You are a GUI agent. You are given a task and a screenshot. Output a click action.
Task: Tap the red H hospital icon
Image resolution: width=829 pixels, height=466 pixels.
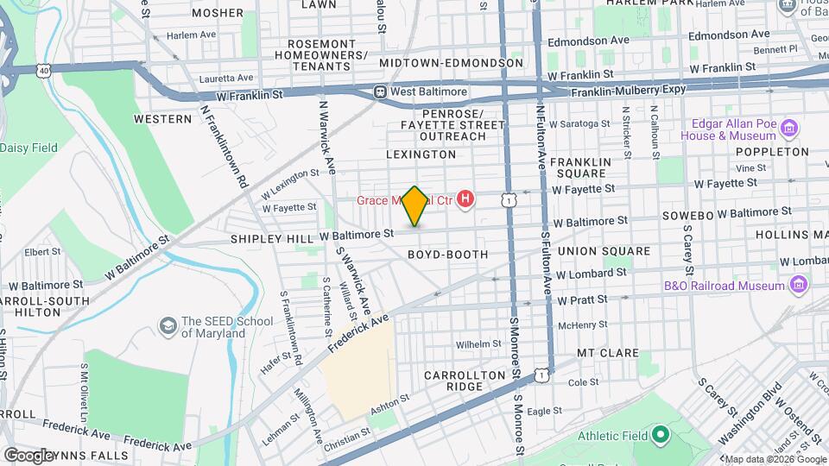coord(466,200)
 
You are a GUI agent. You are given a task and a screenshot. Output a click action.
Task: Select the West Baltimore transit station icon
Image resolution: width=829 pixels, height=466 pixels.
coord(379,91)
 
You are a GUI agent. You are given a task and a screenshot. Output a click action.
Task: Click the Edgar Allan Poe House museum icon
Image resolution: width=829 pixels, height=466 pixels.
coord(788,129)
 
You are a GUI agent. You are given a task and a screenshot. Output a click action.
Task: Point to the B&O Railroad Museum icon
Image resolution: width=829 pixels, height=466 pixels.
coord(799,285)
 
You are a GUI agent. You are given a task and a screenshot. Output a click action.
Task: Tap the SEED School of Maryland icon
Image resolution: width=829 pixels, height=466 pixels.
coord(168,326)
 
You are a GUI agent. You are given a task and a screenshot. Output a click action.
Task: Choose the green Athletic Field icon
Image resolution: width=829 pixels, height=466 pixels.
coord(661,434)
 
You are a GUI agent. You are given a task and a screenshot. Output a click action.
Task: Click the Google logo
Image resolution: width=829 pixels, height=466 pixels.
coord(29,455)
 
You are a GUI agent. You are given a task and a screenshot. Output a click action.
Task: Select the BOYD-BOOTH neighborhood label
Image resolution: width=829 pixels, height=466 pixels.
coord(460,255)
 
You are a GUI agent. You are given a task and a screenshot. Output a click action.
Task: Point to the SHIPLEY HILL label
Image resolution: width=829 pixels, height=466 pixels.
coord(271,238)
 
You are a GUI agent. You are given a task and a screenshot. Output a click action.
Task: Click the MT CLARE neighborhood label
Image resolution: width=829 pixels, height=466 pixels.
coord(607,353)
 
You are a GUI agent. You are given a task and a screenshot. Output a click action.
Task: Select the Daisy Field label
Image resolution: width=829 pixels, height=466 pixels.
coord(28,148)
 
